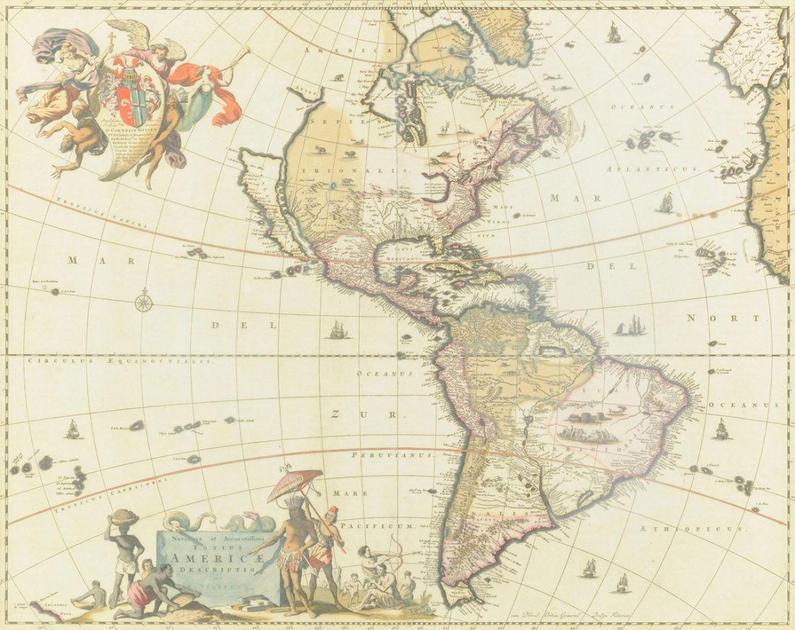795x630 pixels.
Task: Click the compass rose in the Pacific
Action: coord(144,301)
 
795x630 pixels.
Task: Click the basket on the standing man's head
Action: coord(124,515)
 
